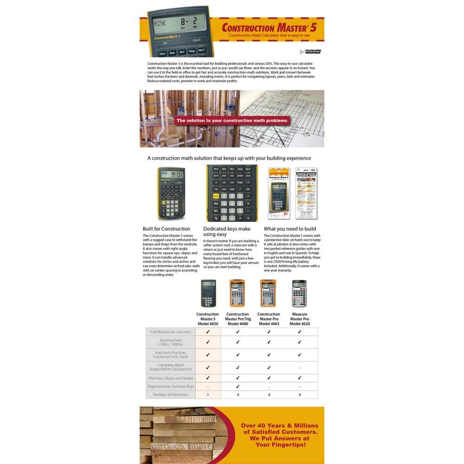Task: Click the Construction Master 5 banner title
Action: [x=272, y=27]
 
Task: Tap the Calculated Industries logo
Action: [x=310, y=52]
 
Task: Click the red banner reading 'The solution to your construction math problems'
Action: [x=232, y=121]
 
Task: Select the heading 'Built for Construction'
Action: [x=167, y=229]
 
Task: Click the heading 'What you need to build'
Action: [x=290, y=229]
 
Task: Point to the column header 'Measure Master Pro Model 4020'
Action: [x=299, y=319]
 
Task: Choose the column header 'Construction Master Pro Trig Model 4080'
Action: [x=238, y=319]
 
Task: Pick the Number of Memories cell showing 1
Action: [x=207, y=394]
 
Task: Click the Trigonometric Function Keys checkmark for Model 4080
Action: [x=238, y=386]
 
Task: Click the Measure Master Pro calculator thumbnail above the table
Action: [x=299, y=293]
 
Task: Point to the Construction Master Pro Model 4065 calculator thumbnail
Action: [x=268, y=293]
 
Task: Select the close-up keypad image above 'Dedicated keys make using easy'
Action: [x=232, y=193]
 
